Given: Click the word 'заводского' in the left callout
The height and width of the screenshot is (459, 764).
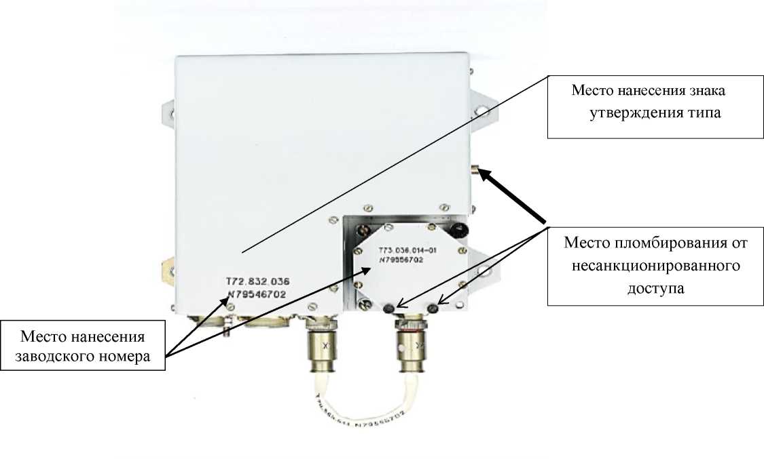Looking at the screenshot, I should point(58,357).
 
